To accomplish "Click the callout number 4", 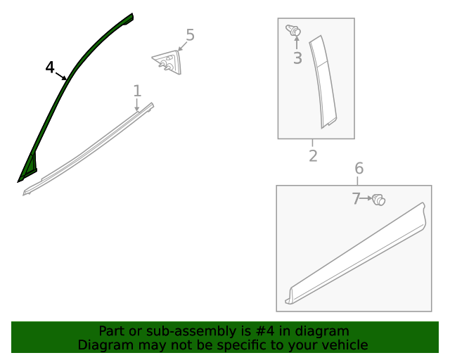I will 49,67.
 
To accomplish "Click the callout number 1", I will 137,91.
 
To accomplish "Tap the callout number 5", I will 190,35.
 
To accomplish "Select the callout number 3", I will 297,59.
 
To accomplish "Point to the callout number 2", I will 313,156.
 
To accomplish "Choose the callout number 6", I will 359,169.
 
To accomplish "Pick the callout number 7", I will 356,199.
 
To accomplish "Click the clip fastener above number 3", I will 294,31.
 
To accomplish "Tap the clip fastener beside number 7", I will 379,200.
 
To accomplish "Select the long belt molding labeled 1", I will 91,148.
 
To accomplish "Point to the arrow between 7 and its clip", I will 367,199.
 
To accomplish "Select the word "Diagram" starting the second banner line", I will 103,345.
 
